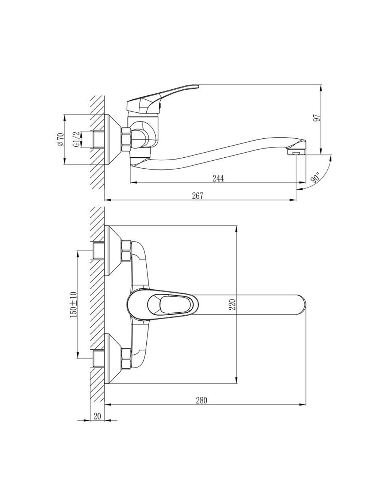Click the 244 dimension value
click(218, 178)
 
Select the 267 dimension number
click(198, 195)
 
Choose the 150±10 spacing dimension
click(73, 304)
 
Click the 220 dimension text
click(232, 304)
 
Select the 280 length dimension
click(201, 400)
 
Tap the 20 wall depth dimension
click(97, 416)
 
